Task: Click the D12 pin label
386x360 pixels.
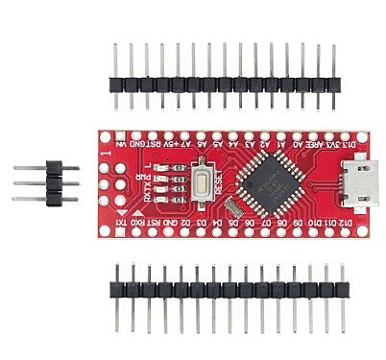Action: tap(353, 221)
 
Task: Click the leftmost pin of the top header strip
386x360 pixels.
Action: tap(116, 67)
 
